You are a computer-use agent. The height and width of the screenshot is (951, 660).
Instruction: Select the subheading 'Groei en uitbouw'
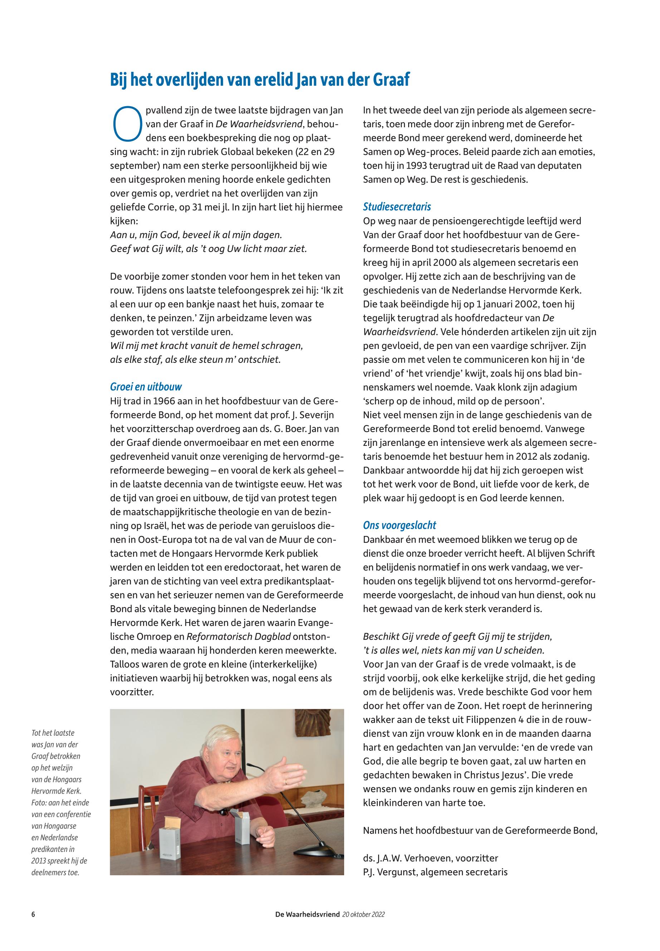coord(146,387)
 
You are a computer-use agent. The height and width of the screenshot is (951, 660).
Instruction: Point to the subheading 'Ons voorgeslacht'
coord(399,525)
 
